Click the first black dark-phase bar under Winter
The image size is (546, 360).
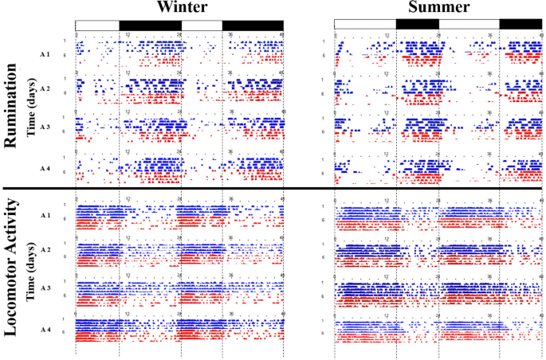click(149, 25)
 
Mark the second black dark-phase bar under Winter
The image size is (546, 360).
click(253, 25)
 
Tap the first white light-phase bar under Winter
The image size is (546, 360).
click(97, 25)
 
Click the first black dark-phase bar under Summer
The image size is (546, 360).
click(417, 25)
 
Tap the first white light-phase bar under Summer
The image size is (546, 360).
click(364, 25)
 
